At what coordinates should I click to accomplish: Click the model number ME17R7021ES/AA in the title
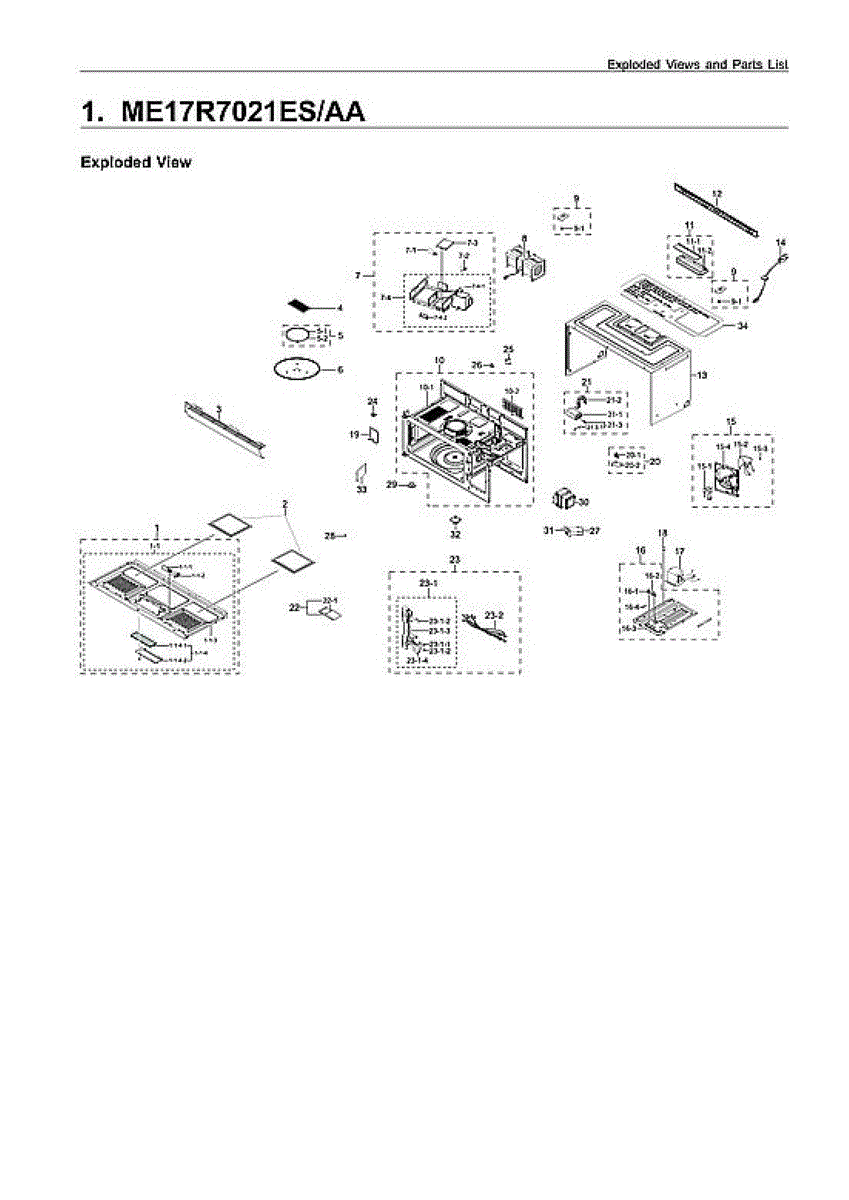pos(242,111)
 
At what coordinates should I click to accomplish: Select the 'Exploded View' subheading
pos(135,162)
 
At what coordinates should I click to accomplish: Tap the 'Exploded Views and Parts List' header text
pos(697,64)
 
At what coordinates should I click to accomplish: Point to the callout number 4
pos(339,308)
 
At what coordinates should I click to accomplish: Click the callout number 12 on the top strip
pos(717,193)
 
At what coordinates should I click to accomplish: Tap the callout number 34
pos(742,327)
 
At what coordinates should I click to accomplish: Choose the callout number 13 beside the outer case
pos(702,375)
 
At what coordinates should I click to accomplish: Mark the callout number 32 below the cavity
pos(455,534)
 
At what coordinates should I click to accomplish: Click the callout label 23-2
pos(493,614)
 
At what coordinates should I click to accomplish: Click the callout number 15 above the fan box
pos(730,421)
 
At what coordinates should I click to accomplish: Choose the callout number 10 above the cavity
pos(438,359)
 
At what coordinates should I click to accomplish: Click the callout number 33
pos(361,490)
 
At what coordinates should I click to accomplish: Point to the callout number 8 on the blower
pos(523,239)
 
